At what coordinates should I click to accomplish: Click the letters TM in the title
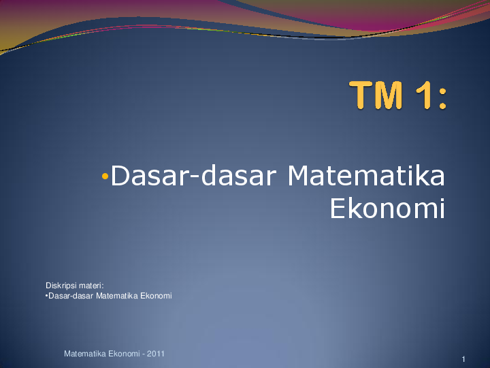[x=376, y=95]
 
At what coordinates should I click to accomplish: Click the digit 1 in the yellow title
[x=425, y=95]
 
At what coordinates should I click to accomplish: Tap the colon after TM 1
[x=442, y=99]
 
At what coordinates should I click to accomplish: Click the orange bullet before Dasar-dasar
[x=105, y=177]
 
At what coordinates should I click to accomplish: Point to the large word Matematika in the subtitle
[x=366, y=176]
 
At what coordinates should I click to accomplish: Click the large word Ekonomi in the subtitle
[x=387, y=209]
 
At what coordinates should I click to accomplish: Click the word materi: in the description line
[x=91, y=286]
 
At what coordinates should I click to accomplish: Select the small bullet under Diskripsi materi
[x=46, y=295]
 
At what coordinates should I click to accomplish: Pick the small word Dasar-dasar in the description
[x=71, y=296]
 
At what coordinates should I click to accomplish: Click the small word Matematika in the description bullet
[x=117, y=296]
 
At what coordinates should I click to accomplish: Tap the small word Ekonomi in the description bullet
[x=156, y=296]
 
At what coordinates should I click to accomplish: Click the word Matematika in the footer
[x=85, y=354]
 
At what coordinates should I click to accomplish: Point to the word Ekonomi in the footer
[x=124, y=354]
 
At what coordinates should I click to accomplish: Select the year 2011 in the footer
[x=156, y=354]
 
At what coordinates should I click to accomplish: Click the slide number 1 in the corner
[x=463, y=359]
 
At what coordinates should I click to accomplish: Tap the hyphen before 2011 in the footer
[x=144, y=354]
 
